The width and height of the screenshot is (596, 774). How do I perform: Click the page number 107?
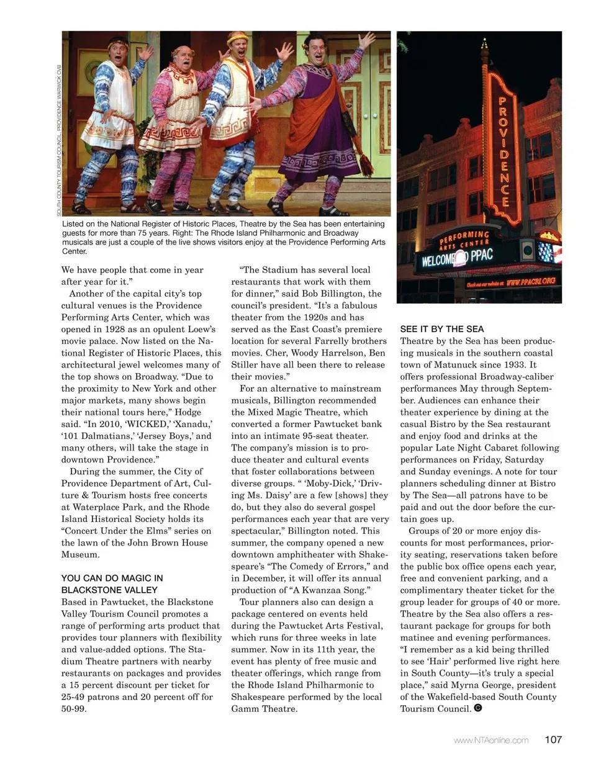pyautogui.click(x=553, y=739)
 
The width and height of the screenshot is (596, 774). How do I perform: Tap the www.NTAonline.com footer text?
pyautogui.click(x=491, y=740)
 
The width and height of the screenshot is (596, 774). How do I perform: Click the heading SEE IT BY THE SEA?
pyautogui.click(x=441, y=329)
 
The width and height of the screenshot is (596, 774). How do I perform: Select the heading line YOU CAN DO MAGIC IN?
pyautogui.click(x=112, y=578)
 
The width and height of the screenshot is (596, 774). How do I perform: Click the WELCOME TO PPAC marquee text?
pyautogui.click(x=457, y=257)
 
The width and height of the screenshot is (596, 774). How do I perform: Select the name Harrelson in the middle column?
pyautogui.click(x=335, y=353)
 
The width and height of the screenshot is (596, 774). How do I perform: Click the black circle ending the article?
pyautogui.click(x=477, y=708)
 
